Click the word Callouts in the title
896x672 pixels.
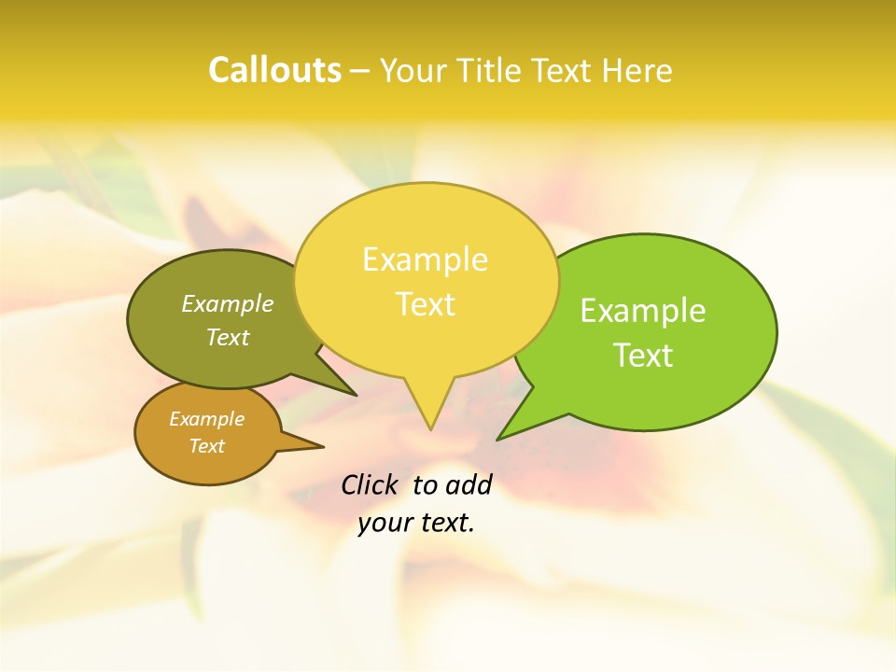point(274,70)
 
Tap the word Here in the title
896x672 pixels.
point(637,70)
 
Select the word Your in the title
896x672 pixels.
point(414,70)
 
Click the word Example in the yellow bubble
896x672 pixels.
point(425,259)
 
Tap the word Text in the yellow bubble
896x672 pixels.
point(425,304)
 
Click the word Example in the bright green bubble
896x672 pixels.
point(643,311)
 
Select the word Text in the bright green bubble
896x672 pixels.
point(643,356)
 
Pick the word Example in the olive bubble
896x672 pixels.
point(228,303)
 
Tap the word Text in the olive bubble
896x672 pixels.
point(228,337)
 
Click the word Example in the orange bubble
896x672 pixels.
point(206,419)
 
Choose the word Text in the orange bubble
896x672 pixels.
point(206,446)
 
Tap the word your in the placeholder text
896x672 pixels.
point(385,523)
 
